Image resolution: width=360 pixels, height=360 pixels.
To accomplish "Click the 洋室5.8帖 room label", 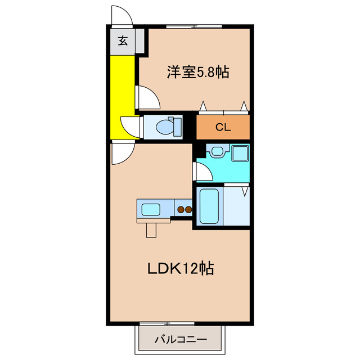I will (197, 72).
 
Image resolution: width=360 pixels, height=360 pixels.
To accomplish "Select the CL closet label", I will (223, 127).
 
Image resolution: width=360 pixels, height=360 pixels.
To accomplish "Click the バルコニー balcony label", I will (180, 339).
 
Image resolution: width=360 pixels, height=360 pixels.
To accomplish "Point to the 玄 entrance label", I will (122, 40).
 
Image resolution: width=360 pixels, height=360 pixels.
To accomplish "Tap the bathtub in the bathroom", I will (209, 206).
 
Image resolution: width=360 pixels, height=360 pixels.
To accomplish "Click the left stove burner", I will (181, 210).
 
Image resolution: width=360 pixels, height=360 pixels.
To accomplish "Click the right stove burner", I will (188, 210).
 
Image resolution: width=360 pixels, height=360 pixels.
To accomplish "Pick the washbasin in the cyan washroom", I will (217, 151).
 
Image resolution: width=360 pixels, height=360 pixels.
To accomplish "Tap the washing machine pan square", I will (240, 152).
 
